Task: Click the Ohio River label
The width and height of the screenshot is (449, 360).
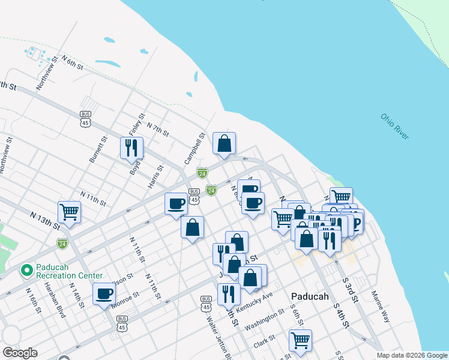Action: pos(394,127)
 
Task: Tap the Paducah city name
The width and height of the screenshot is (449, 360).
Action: pos(309,296)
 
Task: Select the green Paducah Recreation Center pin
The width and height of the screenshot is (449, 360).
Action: pos(26,270)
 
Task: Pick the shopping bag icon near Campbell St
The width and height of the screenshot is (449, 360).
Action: pos(224,143)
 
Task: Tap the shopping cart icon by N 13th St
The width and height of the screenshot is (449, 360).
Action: pos(70,211)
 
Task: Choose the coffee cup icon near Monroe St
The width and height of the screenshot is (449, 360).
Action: pos(104,293)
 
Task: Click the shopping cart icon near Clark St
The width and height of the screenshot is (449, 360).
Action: pos(300,340)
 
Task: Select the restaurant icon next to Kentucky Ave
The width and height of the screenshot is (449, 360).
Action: pos(229,293)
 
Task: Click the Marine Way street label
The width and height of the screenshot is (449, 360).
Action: pos(381,307)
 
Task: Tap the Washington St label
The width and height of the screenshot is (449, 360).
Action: pos(265,315)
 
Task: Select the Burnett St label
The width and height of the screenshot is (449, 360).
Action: pos(98,149)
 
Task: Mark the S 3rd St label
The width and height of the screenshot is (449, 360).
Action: pos(351,289)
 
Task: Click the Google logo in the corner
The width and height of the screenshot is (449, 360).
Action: pos(20,353)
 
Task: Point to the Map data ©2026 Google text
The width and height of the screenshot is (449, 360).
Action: pos(411,355)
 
